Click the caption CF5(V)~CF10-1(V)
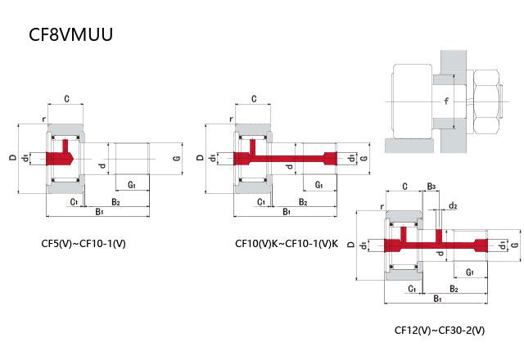point(84,244)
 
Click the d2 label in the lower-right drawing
point(453,205)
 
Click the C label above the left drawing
point(65,99)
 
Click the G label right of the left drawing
point(176,157)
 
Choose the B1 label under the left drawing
point(98,212)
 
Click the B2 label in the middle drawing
point(302,201)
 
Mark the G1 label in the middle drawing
point(318,186)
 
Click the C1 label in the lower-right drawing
point(411,288)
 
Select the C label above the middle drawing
point(254,99)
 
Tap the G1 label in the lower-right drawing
point(470,272)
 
